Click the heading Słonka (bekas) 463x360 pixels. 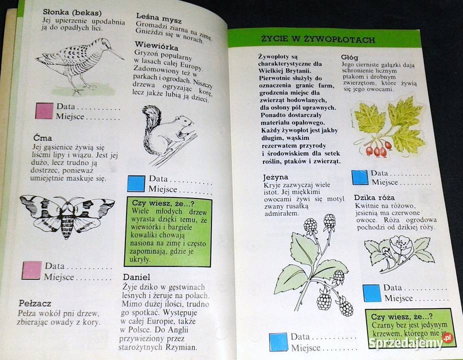point(72,12)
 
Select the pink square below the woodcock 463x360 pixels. point(44,110)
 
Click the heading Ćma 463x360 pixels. point(42,137)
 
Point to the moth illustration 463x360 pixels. point(67,215)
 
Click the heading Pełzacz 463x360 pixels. point(35,303)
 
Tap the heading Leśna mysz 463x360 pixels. point(159,18)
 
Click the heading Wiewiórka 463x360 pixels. point(156,46)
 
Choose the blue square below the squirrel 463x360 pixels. point(136,183)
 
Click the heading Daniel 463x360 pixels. point(136,277)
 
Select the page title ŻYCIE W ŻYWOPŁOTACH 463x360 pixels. point(318,39)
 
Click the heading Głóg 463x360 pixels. point(349,57)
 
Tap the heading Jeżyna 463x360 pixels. point(275,177)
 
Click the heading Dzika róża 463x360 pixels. point(374,197)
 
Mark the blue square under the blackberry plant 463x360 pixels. point(278,342)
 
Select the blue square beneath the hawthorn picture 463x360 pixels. point(360,177)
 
